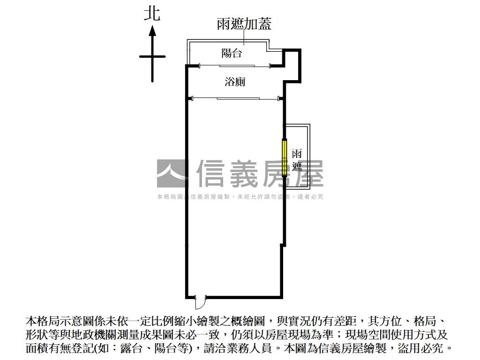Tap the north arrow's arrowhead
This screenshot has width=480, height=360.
click(x=152, y=31)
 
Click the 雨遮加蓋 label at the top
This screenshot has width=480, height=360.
click(x=244, y=24)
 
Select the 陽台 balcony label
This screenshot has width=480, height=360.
click(x=232, y=53)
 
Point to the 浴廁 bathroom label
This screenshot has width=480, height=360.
click(x=235, y=82)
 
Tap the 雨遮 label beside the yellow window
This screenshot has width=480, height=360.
click(x=297, y=160)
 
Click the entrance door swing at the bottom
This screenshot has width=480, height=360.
click(x=200, y=301)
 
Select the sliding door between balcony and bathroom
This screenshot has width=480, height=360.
click(x=236, y=66)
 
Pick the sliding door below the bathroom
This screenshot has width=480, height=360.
click(x=236, y=98)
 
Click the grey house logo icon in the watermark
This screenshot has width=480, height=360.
click(x=172, y=173)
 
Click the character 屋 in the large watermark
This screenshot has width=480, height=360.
click(x=307, y=173)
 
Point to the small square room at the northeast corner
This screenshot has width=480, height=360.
click(x=292, y=65)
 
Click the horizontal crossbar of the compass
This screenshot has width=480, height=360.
click(x=152, y=57)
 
